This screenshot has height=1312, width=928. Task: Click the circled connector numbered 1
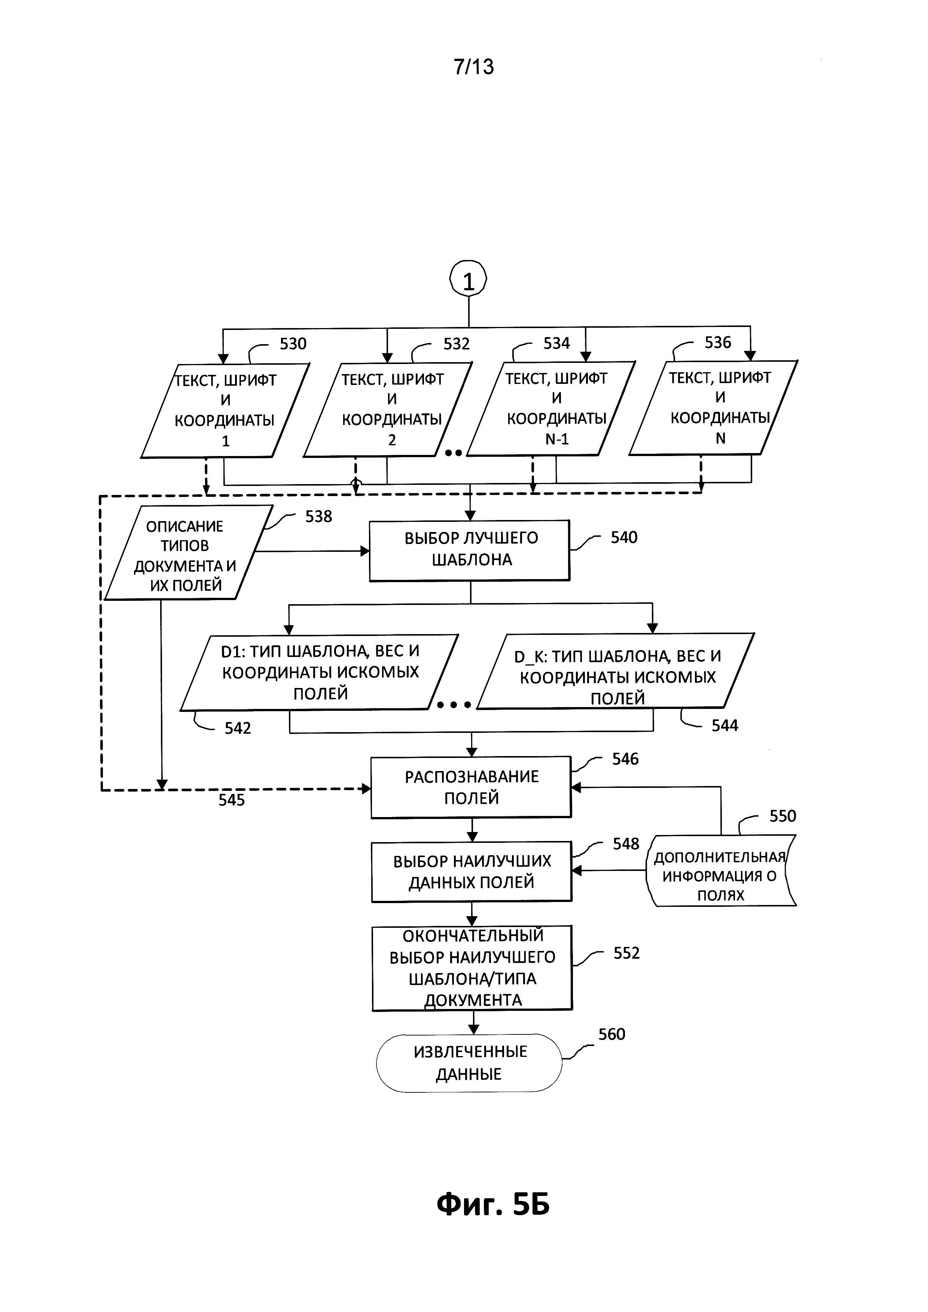tap(468, 281)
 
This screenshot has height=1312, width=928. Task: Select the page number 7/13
tap(474, 67)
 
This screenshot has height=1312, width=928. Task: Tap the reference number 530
tap(293, 344)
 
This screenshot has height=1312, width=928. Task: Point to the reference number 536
tap(718, 342)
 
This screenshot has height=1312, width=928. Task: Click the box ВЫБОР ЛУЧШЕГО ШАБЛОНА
tap(470, 550)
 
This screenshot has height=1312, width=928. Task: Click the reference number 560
tap(611, 1034)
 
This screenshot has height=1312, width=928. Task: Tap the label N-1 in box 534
tap(556, 439)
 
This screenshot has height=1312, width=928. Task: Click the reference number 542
tap(238, 728)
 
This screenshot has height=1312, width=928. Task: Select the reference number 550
tap(782, 816)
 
